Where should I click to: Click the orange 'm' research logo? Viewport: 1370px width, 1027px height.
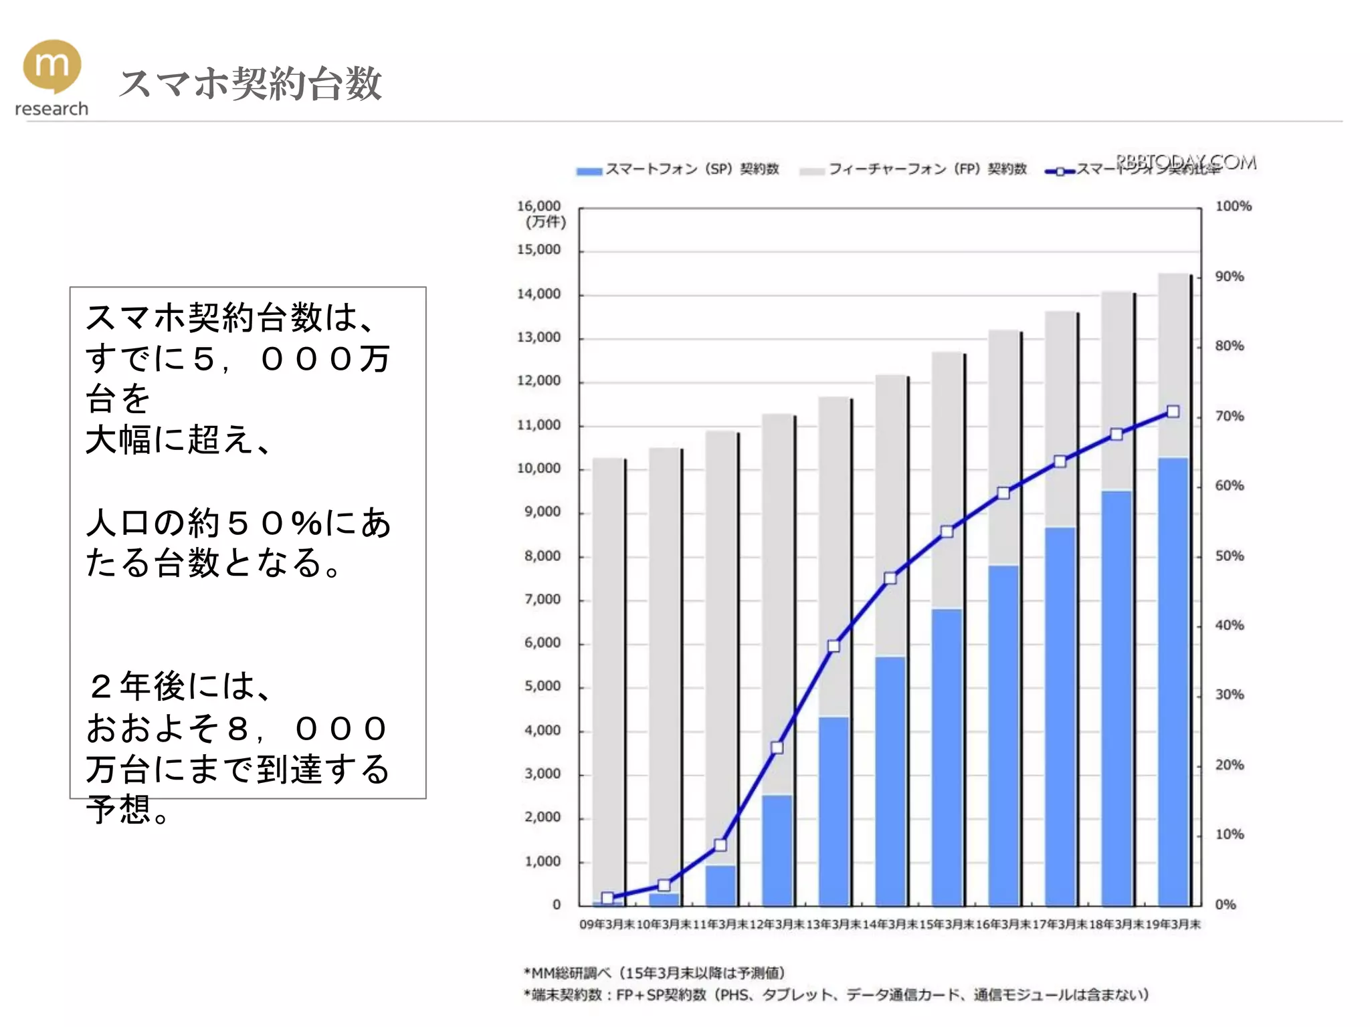click(52, 67)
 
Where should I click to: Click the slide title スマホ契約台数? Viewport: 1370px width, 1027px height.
click(250, 84)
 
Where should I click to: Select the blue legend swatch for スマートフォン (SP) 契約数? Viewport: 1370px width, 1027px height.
click(589, 171)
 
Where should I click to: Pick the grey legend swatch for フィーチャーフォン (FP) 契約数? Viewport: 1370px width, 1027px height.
click(811, 171)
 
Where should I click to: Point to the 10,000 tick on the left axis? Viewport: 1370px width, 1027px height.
click(539, 469)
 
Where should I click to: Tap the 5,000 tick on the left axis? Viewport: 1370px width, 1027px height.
click(542, 687)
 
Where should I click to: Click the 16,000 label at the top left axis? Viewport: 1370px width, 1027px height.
click(539, 207)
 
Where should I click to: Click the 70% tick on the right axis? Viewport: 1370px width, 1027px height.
click(1230, 417)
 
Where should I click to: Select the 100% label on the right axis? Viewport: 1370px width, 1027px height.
click(1233, 207)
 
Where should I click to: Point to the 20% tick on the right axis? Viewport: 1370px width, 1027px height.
click(1230, 765)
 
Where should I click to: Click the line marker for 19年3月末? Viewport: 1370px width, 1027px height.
click(1173, 412)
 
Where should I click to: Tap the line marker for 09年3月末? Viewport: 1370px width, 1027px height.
click(607, 898)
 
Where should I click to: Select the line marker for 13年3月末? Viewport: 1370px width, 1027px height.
click(834, 646)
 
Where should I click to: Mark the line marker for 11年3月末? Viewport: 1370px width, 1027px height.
click(720, 845)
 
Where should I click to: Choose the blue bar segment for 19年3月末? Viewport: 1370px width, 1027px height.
click(1173, 681)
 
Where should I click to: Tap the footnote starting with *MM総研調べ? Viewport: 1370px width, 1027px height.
click(655, 973)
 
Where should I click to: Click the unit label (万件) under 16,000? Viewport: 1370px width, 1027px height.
click(545, 222)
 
